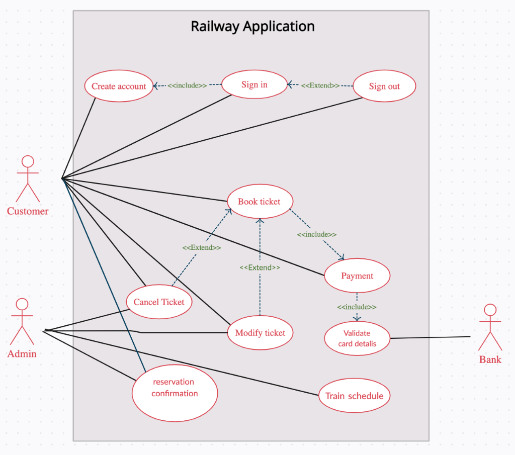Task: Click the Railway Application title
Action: (252, 26)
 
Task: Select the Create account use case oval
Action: (119, 86)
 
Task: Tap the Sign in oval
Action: (254, 84)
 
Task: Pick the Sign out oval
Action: (384, 86)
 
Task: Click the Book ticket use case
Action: (259, 202)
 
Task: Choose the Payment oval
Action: (357, 276)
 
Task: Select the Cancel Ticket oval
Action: (159, 302)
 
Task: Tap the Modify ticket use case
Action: (260, 333)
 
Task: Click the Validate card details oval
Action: (357, 338)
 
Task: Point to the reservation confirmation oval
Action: (175, 393)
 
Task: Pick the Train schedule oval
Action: (354, 396)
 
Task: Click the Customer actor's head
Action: (28, 161)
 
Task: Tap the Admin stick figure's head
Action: (22, 305)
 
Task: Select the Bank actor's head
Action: (490, 310)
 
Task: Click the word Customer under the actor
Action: (28, 211)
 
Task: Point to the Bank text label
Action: (490, 359)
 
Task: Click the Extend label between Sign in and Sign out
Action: (320, 85)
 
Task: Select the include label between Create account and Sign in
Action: (187, 85)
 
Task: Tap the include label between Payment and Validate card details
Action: (357, 307)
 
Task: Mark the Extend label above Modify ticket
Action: (260, 267)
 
